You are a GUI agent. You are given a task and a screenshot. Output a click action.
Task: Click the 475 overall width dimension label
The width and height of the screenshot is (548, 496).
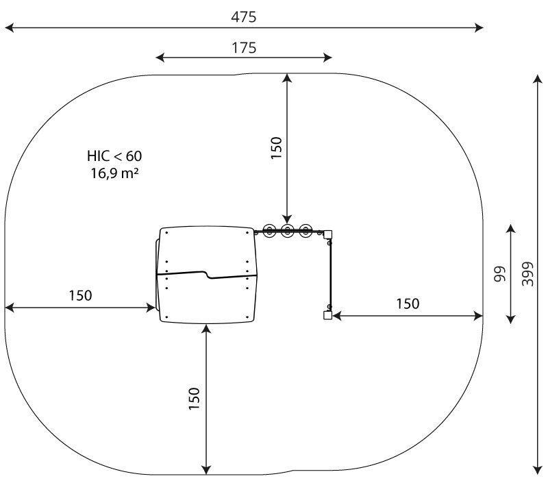[x=244, y=16]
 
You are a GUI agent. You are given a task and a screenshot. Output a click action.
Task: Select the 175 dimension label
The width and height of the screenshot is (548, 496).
[x=244, y=47]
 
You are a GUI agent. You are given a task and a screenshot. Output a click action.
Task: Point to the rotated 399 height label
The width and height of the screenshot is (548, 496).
[x=527, y=274]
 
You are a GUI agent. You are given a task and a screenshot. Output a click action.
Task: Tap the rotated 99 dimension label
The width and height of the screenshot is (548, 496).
[x=500, y=274]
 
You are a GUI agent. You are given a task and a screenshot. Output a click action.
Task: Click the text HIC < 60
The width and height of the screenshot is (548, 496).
[x=114, y=156]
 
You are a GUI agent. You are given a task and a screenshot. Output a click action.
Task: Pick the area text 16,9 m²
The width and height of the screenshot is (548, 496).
[x=114, y=173]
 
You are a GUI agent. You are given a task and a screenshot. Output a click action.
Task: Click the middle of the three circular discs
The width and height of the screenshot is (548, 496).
[x=287, y=231]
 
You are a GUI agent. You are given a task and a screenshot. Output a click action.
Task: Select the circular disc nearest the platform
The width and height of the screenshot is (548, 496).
[x=269, y=231]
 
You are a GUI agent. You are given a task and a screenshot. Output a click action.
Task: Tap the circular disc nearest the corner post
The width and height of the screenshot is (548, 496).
[x=306, y=231]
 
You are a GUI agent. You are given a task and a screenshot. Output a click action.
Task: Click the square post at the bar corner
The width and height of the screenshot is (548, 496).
[x=327, y=234]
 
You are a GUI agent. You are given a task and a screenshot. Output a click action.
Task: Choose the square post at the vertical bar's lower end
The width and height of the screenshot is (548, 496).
[x=327, y=316]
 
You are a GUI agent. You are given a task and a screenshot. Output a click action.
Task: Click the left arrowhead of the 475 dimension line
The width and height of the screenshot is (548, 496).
[x=10, y=27]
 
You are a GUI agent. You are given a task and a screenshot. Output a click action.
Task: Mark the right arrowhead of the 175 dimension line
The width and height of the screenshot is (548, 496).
[x=327, y=58]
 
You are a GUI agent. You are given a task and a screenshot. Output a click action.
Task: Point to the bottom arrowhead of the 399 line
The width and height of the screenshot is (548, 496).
[x=538, y=470]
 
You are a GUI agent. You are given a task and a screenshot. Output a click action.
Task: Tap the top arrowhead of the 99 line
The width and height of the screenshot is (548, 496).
[x=510, y=229]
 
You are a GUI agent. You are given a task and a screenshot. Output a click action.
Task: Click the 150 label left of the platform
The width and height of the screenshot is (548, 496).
[x=80, y=295]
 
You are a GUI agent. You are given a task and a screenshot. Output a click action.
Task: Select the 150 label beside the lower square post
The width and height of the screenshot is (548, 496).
[x=408, y=303]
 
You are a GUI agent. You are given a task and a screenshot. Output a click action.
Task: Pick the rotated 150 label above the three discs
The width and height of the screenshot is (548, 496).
[x=276, y=148]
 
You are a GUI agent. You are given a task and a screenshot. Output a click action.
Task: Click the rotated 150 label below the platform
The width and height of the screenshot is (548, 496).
[x=194, y=399]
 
